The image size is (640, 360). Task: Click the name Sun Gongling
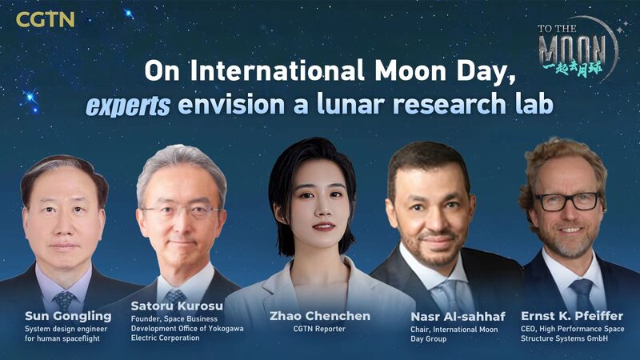(62, 316)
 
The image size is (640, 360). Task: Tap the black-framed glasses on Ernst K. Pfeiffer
(567, 201)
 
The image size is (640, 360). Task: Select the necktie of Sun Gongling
(63, 301)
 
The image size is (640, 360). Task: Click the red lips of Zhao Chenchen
(322, 227)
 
